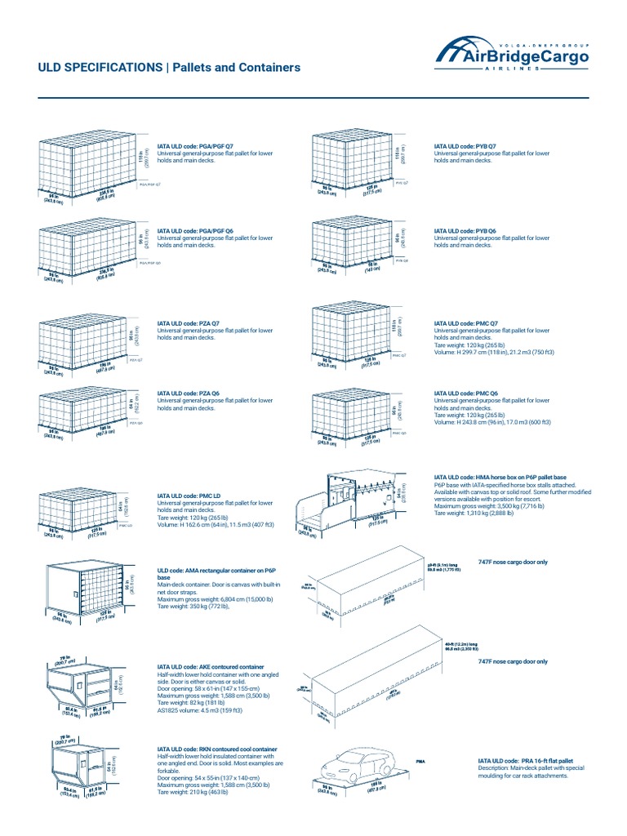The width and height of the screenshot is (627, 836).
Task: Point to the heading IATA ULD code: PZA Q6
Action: (188, 394)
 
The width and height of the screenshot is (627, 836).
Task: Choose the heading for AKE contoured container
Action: (211, 667)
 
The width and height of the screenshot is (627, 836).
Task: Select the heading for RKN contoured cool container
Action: (216, 749)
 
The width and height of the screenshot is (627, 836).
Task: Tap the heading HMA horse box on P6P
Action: (511, 476)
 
